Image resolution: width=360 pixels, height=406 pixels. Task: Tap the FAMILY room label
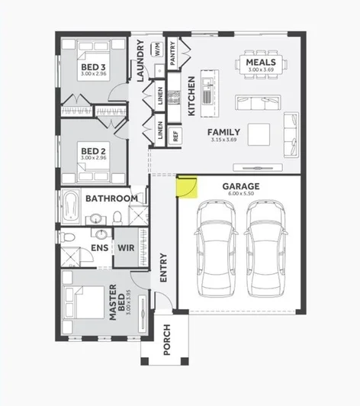[x=224, y=131]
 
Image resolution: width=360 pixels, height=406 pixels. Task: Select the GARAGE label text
[x=240, y=186]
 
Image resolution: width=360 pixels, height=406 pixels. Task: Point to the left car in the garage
[x=215, y=249]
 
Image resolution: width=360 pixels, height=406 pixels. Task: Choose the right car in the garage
[x=265, y=249]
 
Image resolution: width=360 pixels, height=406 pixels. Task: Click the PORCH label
[x=166, y=339]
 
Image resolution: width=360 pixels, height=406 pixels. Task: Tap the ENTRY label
[x=163, y=268]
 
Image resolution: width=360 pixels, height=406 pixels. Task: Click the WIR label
[x=125, y=248]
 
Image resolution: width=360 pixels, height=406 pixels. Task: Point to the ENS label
[x=99, y=248]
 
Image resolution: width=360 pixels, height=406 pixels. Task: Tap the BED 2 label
[x=93, y=151]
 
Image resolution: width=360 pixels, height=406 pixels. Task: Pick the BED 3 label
[x=93, y=66]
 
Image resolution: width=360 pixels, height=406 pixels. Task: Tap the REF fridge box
[x=175, y=137]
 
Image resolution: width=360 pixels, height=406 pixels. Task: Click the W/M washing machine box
[x=158, y=52]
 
